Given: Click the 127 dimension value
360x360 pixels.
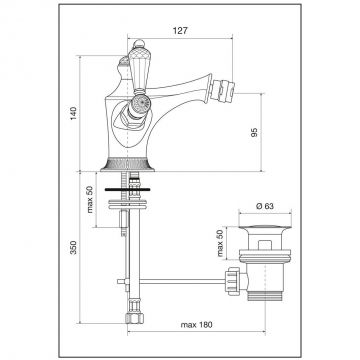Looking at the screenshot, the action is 180,31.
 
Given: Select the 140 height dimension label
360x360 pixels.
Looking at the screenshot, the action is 74,113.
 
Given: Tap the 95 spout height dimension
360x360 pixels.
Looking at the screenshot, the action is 254,132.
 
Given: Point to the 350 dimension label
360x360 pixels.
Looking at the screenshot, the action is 74,247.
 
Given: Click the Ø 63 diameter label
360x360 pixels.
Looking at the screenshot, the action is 265,206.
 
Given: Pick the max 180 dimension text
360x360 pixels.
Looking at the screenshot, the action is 196,325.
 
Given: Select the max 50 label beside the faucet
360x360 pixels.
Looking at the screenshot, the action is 90,199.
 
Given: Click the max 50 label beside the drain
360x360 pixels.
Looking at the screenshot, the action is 220,243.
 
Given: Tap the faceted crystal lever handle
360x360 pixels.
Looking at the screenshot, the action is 136,71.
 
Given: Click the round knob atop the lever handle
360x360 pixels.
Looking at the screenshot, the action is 139,44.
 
